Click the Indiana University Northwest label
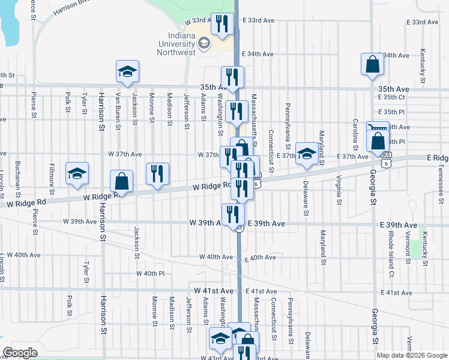click(177, 44)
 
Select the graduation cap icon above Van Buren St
click(127, 72)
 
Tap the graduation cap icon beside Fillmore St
click(77, 174)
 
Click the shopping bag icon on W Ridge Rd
click(121, 182)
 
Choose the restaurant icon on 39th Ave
click(232, 215)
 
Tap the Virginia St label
click(340, 188)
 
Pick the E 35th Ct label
click(392, 97)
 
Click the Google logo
click(20, 353)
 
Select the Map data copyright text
click(411, 355)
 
